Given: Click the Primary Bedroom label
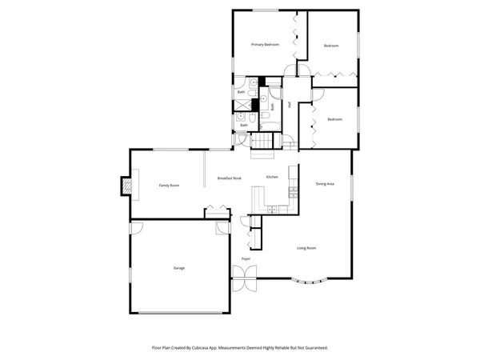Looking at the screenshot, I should click(264, 45).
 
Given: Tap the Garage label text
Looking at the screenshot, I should click(179, 268).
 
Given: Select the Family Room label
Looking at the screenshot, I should click(169, 185).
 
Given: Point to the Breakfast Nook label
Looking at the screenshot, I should click(229, 178).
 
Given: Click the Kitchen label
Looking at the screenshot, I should click(272, 177).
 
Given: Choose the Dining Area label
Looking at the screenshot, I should click(324, 184).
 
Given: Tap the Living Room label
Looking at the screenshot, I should click(306, 248).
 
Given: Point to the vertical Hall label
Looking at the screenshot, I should click(290, 102).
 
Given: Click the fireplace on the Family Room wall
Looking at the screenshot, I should click(125, 186).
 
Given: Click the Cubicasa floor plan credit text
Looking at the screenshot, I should click(240, 348).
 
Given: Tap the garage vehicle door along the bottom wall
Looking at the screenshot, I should click(179, 313).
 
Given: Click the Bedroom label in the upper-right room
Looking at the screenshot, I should click(332, 46).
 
